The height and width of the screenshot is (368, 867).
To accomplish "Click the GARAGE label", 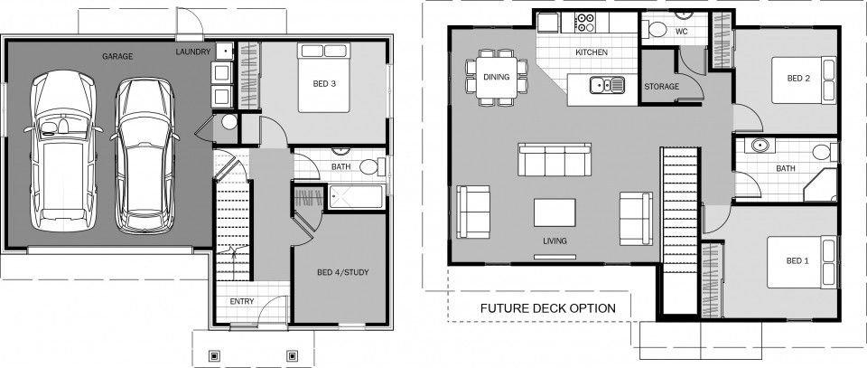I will coord(117,56).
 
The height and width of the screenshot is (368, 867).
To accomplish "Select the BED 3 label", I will coord(324,84).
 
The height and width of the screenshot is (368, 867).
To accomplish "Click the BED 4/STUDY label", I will coord(343,272).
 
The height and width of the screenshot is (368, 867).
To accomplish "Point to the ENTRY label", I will coord(241,301).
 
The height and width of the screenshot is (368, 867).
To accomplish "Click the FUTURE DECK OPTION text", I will coord(547,308).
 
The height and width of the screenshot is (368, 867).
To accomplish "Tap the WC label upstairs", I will coord(682,32).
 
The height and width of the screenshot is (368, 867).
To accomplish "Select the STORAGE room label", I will coord(661,87).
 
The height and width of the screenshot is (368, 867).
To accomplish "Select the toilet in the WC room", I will coord(658,31).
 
